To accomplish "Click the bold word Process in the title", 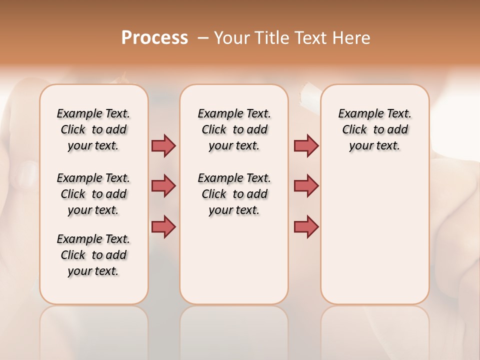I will point(154,38).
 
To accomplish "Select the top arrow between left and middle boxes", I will point(163,145).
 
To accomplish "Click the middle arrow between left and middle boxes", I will point(163,186).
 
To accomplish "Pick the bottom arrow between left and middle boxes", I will point(163,226).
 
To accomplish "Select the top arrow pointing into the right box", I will point(306,145).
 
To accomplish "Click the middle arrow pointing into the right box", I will point(306,186).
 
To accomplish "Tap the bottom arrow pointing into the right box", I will point(306,226).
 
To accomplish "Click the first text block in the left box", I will point(93,129).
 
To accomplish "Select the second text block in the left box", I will point(93,194).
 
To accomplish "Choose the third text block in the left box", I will point(93,255).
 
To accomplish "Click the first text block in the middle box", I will point(234,129).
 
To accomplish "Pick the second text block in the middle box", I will point(234,194).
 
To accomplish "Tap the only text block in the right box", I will point(374,129).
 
